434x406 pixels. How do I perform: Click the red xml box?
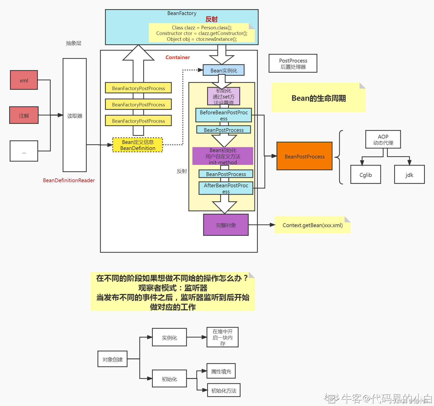point(24,80)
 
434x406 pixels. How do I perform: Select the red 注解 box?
point(24,115)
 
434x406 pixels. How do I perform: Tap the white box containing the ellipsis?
point(24,151)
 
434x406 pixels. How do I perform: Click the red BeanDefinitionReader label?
point(69,180)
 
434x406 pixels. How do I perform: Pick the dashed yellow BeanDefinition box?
point(138,145)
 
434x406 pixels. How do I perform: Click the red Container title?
point(178,57)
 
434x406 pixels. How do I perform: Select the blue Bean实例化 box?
point(224,70)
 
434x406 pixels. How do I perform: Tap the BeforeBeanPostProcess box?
point(224,115)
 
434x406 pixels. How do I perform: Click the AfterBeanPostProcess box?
point(226,188)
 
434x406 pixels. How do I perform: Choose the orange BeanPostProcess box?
point(304,156)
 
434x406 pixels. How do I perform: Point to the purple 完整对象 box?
point(226,225)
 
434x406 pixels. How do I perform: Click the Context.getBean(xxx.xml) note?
point(312,225)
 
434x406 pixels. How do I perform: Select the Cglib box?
point(366,175)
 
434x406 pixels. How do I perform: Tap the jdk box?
point(409,175)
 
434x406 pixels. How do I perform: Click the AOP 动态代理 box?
point(383,140)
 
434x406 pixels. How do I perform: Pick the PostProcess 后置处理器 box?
point(293,64)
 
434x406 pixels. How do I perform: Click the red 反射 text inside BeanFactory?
point(212,19)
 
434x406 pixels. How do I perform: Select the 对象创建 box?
point(112,359)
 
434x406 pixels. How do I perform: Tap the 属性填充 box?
point(221,371)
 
